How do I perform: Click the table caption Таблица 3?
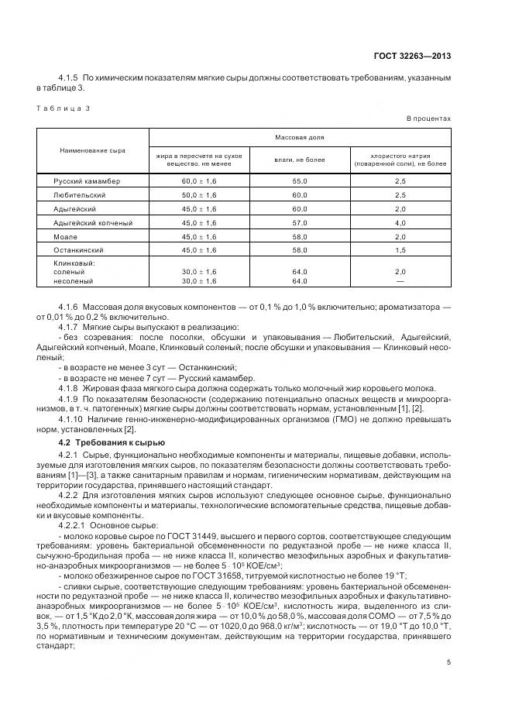tap(64, 108)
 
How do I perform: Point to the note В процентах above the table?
tap(428, 119)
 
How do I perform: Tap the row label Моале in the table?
tap(65, 236)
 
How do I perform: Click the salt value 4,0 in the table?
tap(400, 222)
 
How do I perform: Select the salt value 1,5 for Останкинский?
tap(400, 250)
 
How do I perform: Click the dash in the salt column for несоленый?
tap(400, 281)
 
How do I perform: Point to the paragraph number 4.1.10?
tap(74, 419)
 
